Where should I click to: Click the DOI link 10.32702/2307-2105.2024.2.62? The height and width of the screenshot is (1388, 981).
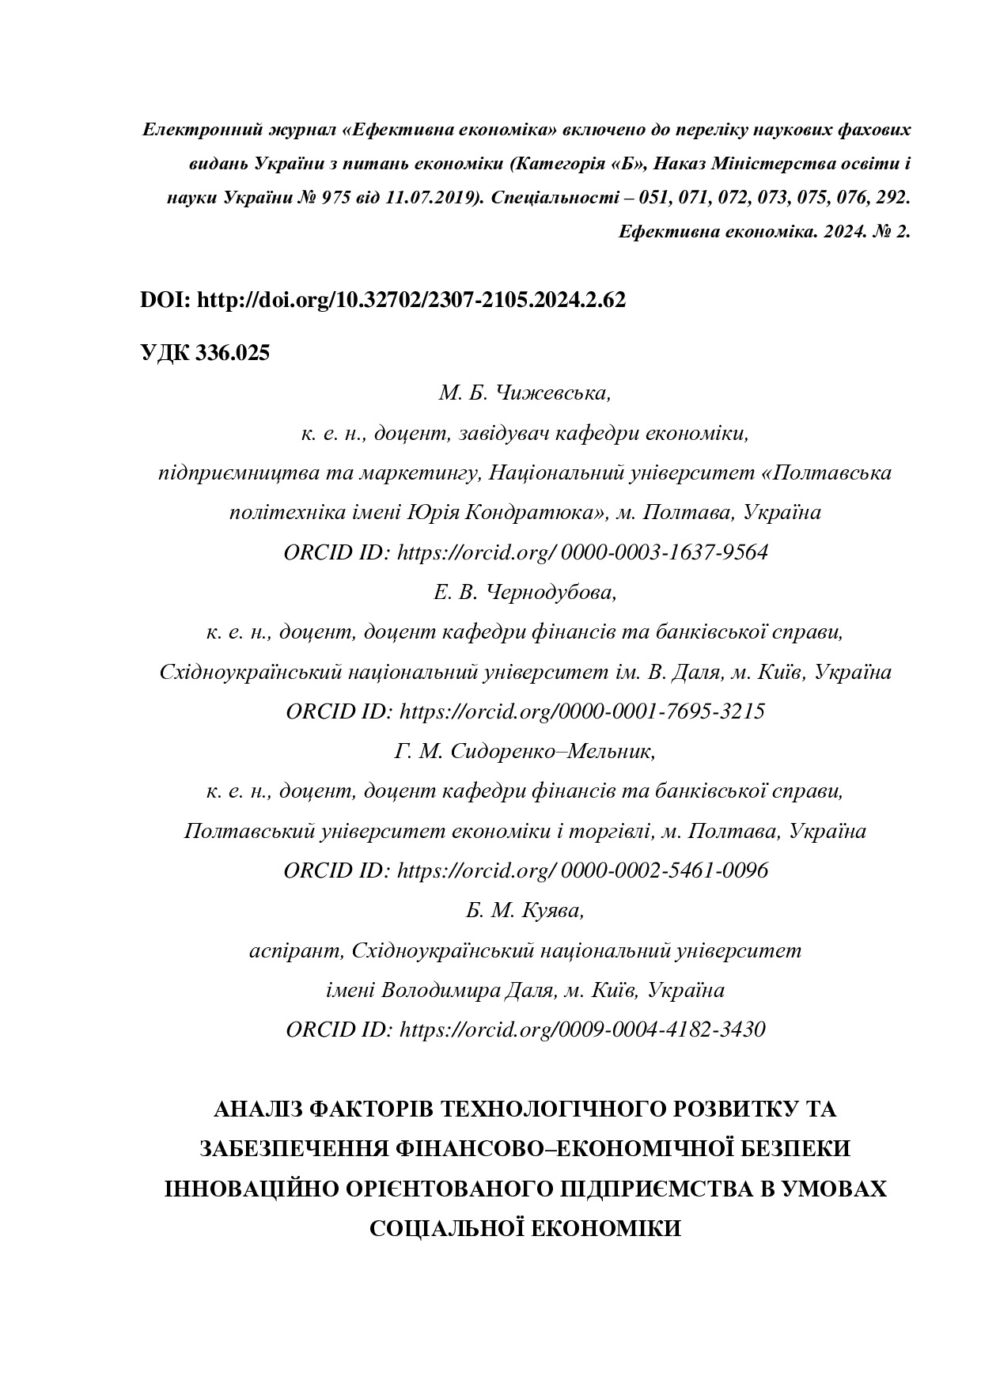411,300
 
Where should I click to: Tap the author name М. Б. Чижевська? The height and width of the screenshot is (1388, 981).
525,393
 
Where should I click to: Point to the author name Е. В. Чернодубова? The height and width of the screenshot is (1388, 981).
525,592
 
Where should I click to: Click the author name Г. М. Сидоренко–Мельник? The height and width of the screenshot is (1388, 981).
525,751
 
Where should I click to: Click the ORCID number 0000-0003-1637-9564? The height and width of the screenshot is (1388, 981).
664,552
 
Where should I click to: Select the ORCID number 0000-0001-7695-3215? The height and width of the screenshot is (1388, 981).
662,711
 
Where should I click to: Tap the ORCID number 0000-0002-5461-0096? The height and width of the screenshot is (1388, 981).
664,870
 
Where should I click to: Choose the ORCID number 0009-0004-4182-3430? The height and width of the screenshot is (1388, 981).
662,1030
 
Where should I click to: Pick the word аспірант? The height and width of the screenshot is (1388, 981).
295,950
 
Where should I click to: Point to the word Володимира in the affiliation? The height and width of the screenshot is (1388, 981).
440,990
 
